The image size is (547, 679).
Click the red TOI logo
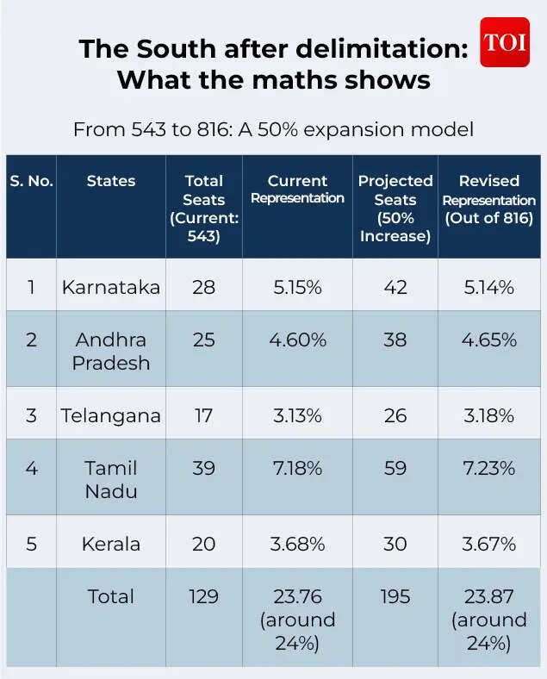[x=505, y=42]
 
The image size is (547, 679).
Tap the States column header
[x=111, y=181]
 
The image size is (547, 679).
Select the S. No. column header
[x=32, y=181]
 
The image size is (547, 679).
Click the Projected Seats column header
[x=395, y=208]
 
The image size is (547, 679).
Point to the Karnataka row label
[x=111, y=287]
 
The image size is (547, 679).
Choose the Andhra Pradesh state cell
[x=111, y=351]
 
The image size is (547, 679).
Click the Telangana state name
[x=111, y=415]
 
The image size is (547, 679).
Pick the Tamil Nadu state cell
[x=111, y=479]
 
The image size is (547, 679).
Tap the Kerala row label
[x=111, y=544]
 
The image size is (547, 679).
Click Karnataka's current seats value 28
[x=204, y=287]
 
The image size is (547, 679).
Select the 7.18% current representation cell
[x=297, y=469]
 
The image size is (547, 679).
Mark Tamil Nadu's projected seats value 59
[x=395, y=469]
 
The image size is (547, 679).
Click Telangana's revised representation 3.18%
[x=488, y=415]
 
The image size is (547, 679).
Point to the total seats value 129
[x=204, y=596]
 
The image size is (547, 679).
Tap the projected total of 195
[x=395, y=596]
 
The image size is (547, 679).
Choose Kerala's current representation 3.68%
[x=297, y=544]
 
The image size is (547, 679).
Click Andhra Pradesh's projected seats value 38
[x=395, y=339]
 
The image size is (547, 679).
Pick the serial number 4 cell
[x=32, y=469]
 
